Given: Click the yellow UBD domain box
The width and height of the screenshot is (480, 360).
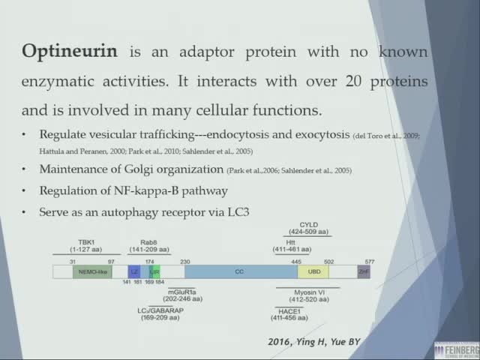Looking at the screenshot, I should pos(313,271).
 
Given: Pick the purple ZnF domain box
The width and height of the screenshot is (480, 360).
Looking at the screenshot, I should pos(364,271).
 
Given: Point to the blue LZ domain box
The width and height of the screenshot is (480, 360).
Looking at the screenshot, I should pos(134,271).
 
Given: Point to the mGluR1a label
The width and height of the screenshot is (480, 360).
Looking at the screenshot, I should pos(182,291).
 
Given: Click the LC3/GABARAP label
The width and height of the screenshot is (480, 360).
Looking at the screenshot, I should pos(161,310).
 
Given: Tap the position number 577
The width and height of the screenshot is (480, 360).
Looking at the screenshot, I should pos(369,261).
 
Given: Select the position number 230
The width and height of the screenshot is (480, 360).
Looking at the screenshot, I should pos(185,261).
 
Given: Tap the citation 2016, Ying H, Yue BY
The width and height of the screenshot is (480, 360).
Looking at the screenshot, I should pos(314,342).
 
